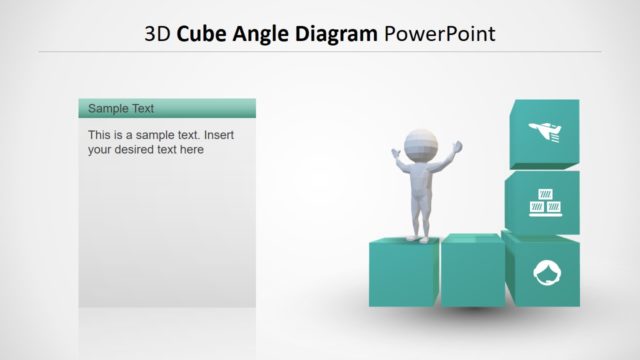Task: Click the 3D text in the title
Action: pyautogui.click(x=157, y=35)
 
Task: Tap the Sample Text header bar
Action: pyautogui.click(x=167, y=108)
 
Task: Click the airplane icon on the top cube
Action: pyautogui.click(x=546, y=131)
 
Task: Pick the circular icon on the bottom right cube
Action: pyautogui.click(x=544, y=272)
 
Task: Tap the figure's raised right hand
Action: pyautogui.click(x=459, y=146)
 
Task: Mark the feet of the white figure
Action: pyautogui.click(x=419, y=237)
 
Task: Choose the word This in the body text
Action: pyautogui.click(x=100, y=134)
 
